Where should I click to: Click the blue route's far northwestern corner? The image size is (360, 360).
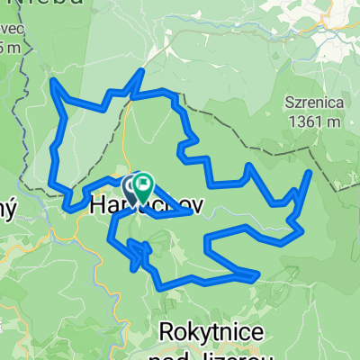point(53,82)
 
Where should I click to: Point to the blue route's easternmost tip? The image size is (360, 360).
point(310,172)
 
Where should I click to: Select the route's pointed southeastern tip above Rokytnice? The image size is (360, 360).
point(259,272)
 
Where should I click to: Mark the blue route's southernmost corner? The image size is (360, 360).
point(162,287)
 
